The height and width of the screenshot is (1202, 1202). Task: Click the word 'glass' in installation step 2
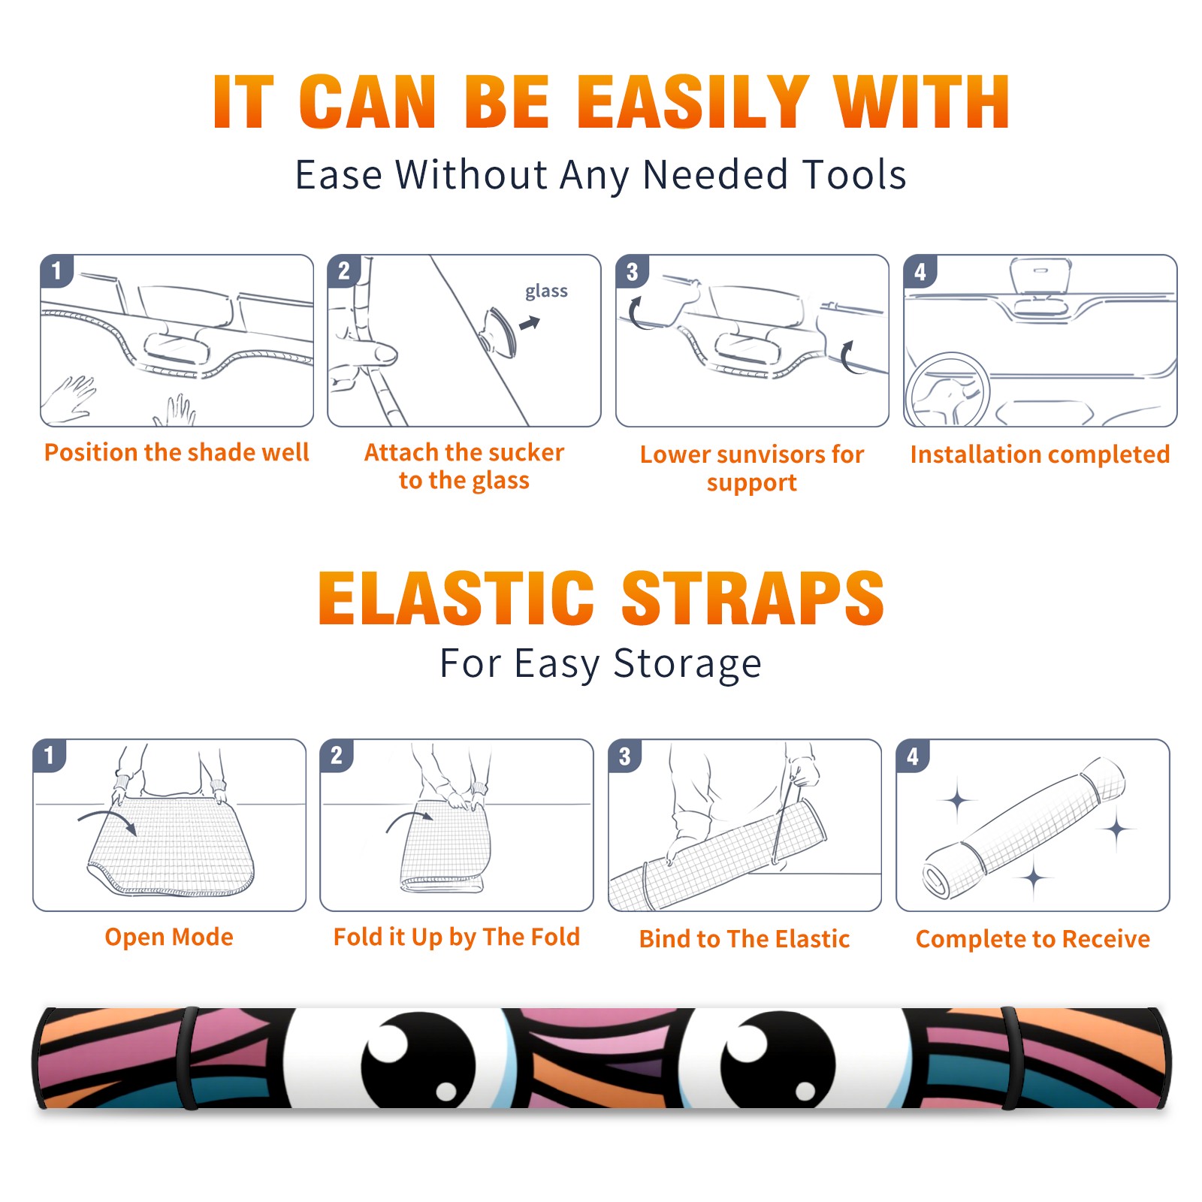coord(546,291)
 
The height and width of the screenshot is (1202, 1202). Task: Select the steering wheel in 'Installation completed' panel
coord(947,391)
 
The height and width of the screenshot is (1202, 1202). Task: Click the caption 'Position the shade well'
coord(177,452)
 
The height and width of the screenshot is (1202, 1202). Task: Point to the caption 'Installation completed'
coord(1040,455)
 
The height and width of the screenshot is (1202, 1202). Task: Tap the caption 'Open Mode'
coord(169,937)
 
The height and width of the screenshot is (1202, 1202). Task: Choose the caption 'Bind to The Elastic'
coord(744,939)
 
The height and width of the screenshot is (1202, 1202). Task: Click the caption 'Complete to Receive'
coord(1033,939)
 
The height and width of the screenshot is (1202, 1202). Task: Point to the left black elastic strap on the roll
coord(188,1058)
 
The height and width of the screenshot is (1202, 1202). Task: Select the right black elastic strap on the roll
coord(1011,1058)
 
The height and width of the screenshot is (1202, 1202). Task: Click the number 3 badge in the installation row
coord(632,271)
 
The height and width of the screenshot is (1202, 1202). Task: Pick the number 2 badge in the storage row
coord(337,755)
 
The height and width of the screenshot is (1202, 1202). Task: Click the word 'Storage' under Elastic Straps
coord(687,665)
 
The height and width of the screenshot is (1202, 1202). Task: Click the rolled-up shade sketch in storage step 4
coord(1023,829)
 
